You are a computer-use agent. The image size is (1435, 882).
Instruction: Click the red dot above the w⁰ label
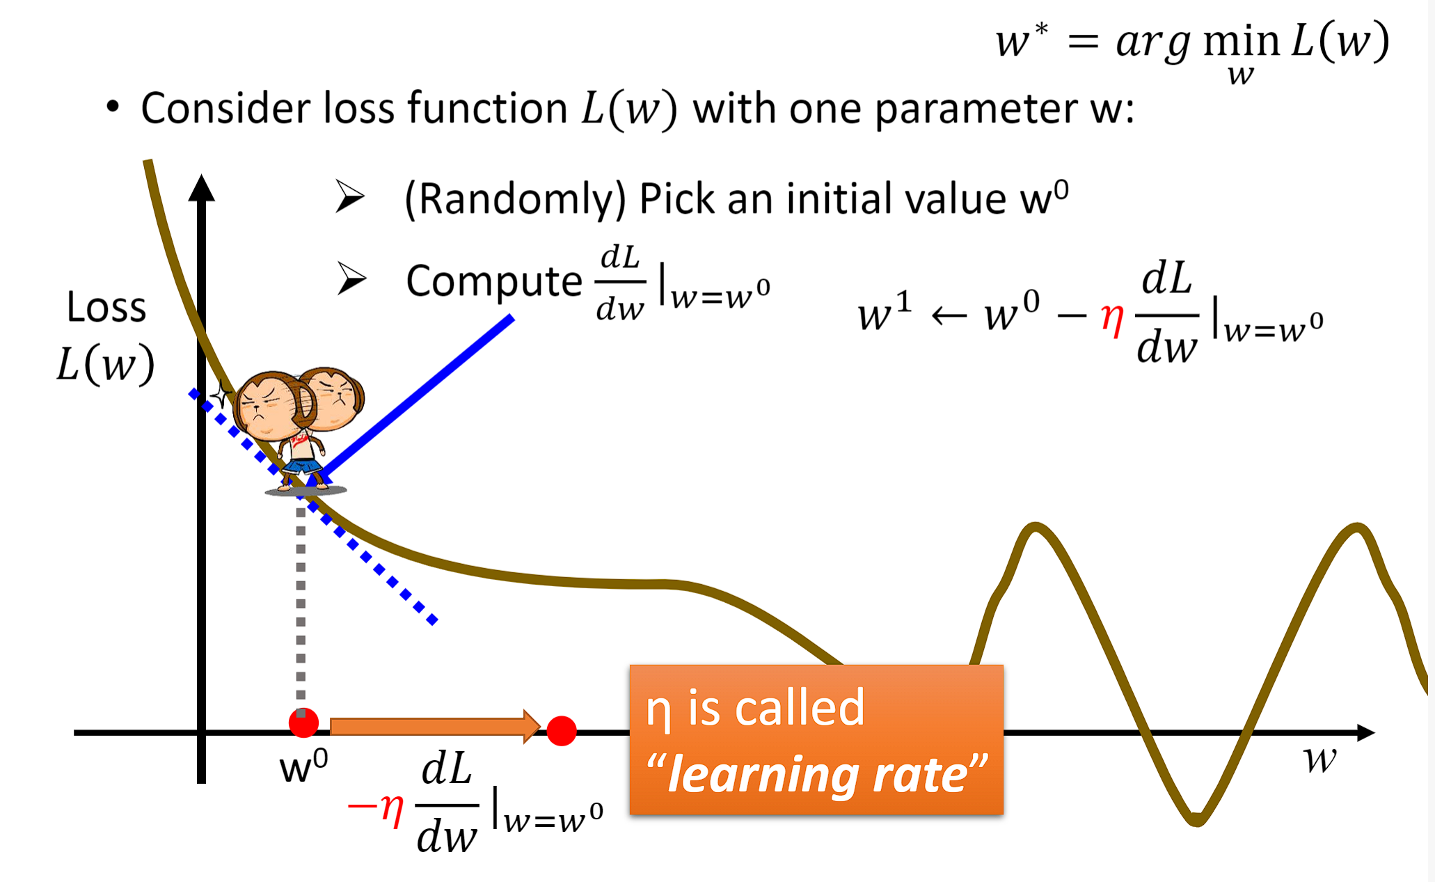[303, 723]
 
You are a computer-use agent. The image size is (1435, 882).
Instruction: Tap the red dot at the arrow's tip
[562, 731]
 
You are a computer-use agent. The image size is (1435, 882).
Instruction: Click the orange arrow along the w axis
[435, 727]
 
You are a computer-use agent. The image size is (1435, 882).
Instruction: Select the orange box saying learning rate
[816, 739]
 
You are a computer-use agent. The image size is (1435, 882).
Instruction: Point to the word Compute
[494, 282]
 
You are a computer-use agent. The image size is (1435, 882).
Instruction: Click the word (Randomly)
[516, 200]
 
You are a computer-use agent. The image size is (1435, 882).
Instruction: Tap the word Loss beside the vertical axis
[106, 307]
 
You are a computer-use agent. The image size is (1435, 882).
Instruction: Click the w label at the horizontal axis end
[1319, 760]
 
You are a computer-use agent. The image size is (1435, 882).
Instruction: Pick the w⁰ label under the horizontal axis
[303, 766]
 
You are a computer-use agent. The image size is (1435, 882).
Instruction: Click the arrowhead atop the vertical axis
[201, 187]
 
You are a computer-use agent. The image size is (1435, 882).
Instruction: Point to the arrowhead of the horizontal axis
[1365, 732]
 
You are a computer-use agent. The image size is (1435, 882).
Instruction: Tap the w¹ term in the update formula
[885, 312]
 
